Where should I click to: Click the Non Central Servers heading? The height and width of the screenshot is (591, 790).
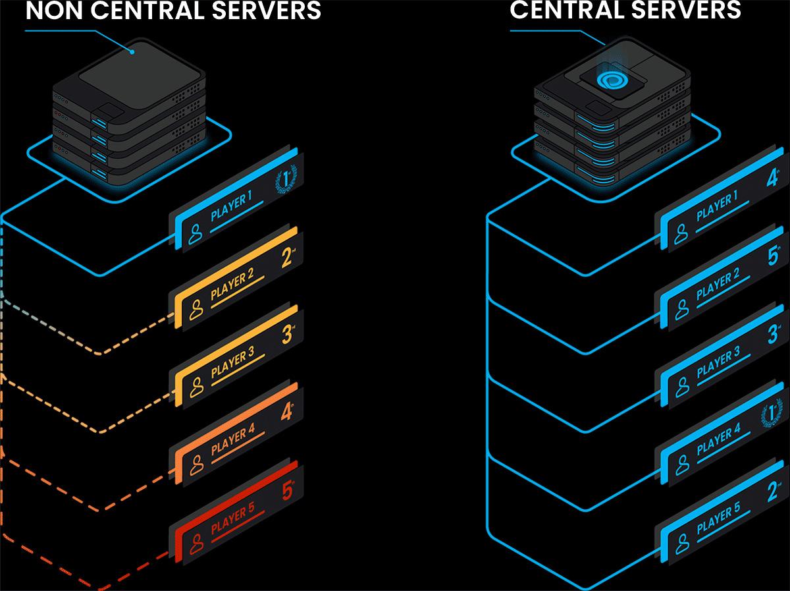click(x=173, y=11)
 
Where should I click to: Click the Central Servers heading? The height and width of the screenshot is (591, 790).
click(x=625, y=9)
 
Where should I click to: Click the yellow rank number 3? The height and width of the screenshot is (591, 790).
click(x=286, y=335)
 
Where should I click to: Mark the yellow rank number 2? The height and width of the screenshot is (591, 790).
click(x=286, y=258)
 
